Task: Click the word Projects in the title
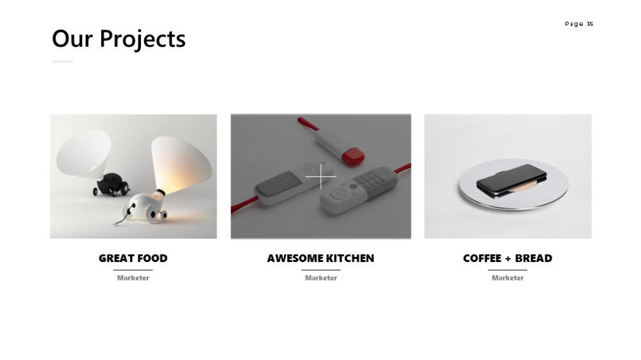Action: click(x=143, y=39)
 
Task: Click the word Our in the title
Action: click(x=72, y=39)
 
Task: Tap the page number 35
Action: click(x=590, y=24)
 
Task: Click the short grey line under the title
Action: click(x=63, y=61)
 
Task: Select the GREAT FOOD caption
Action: click(x=133, y=258)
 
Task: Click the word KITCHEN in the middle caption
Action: click(x=350, y=258)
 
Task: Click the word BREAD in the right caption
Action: click(x=533, y=258)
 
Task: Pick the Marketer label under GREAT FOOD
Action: click(x=133, y=278)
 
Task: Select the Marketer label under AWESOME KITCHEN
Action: click(x=321, y=278)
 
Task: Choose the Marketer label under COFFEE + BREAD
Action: click(x=507, y=278)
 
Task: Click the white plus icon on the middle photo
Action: click(x=321, y=177)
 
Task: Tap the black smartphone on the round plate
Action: click(x=512, y=181)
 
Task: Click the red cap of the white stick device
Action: click(x=353, y=158)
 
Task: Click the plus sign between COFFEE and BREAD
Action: click(x=508, y=259)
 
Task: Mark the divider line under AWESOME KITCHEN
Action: click(x=321, y=270)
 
